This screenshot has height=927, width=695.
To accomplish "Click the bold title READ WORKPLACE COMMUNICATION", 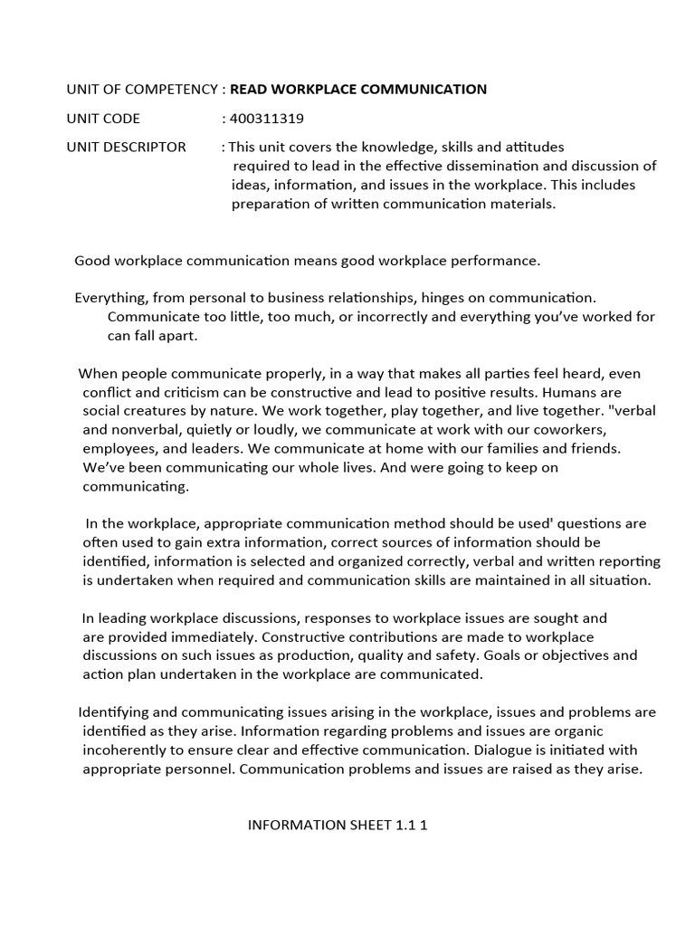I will [x=358, y=89].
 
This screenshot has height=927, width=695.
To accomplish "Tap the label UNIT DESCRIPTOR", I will [x=126, y=147].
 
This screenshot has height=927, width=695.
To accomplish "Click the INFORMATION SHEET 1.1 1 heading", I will [x=338, y=825].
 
